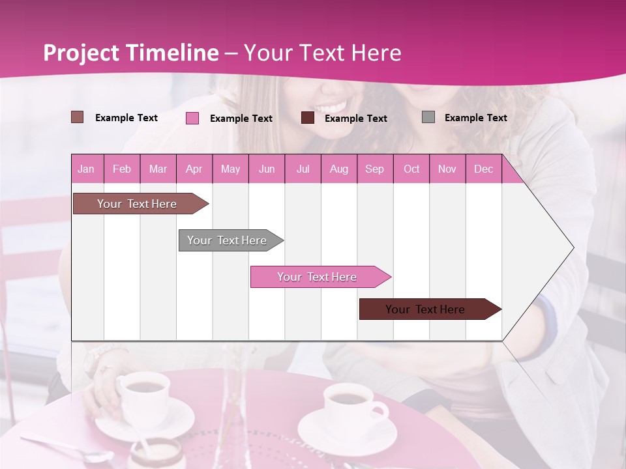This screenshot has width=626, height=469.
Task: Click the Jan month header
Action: coord(86,169)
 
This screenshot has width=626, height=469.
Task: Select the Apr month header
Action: coord(194,169)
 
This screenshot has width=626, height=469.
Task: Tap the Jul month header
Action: coord(303,169)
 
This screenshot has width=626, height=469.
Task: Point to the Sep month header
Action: coord(374,169)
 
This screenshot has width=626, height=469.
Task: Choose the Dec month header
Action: coord(483,169)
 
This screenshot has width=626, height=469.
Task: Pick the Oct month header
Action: coord(411,169)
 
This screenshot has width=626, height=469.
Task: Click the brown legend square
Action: coord(78,117)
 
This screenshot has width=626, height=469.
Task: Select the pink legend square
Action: coord(192,118)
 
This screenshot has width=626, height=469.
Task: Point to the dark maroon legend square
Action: coord(308,118)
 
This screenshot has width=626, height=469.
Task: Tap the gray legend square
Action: coord(428,117)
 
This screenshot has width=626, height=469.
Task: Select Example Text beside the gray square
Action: coord(475,118)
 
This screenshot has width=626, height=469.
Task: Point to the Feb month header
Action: coord(122,169)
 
